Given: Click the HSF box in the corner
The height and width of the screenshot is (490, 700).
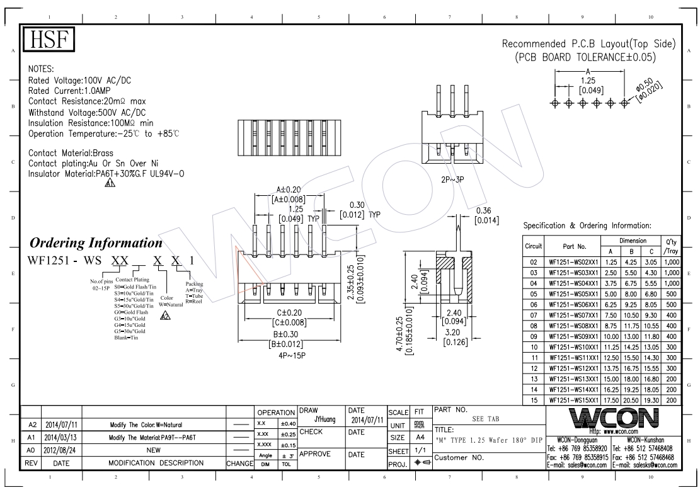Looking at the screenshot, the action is [x=49, y=39].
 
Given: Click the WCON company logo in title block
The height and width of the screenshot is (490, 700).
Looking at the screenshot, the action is [x=614, y=418].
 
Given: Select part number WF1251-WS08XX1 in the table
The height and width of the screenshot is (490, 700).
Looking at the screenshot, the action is [x=573, y=326].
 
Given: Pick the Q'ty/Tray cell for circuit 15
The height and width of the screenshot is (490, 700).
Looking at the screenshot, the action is [x=672, y=401].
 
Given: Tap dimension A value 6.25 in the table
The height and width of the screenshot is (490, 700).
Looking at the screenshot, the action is [x=611, y=305].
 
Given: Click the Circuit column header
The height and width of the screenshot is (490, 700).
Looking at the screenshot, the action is [x=534, y=246].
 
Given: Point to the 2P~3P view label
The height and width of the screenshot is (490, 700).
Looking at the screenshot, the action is [x=452, y=179].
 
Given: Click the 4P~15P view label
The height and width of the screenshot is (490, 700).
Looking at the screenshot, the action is [x=292, y=356].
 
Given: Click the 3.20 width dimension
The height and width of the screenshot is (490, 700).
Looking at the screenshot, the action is [x=452, y=333].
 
